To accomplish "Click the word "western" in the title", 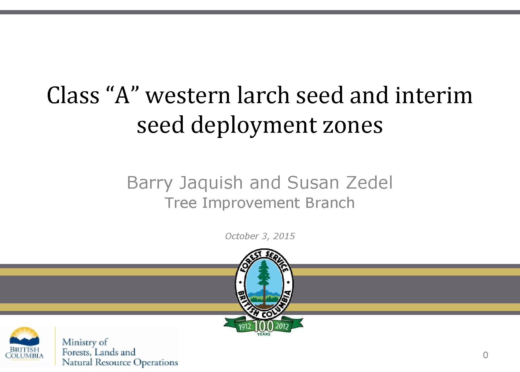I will pyautogui.click(x=188, y=96).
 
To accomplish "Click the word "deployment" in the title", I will pyautogui.click(x=253, y=126).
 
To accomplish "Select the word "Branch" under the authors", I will pyautogui.click(x=330, y=203).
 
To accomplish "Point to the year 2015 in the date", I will pyautogui.click(x=284, y=236).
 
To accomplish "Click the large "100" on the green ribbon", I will pyautogui.click(x=264, y=326).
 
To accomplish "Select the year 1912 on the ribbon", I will pyautogui.click(x=245, y=327).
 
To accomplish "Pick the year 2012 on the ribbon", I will pyautogui.click(x=282, y=326).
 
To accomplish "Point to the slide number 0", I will pyautogui.click(x=485, y=355).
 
